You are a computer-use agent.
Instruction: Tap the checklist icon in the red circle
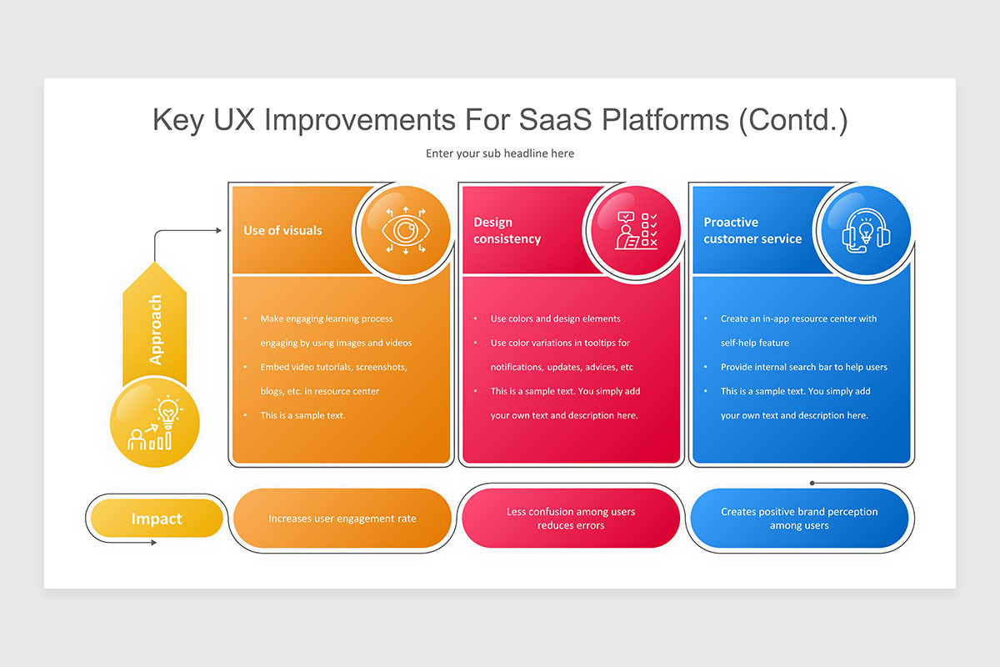click(636, 231)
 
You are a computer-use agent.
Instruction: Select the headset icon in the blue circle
click(866, 231)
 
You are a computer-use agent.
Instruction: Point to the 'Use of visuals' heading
click(282, 231)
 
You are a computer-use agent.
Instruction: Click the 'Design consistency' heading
click(507, 231)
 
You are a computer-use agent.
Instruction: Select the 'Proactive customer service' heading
click(752, 231)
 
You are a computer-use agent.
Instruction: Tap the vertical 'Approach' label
click(155, 330)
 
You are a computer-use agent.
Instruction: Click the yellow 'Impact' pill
click(156, 519)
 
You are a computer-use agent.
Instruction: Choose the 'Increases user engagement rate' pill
click(342, 519)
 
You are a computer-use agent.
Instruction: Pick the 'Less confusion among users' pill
click(571, 519)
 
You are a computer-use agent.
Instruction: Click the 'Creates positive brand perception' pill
click(799, 519)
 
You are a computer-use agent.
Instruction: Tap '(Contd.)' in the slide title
click(792, 120)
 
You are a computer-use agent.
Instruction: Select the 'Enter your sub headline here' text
click(500, 153)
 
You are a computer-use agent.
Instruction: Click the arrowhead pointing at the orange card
click(218, 231)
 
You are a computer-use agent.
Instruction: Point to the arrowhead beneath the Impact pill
click(152, 543)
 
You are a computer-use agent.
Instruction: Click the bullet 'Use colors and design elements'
click(555, 318)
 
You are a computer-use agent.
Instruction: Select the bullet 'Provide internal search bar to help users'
click(803, 367)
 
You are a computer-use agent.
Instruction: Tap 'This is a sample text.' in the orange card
click(302, 415)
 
